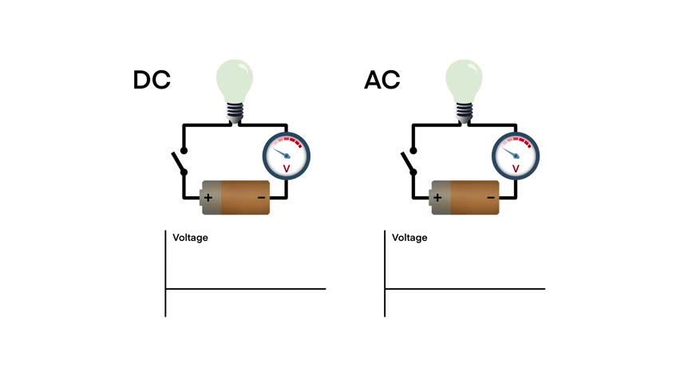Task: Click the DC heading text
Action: coord(152,81)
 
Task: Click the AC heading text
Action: coord(382,81)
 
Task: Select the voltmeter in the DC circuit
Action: coord(286,155)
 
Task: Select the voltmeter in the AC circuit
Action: coord(516,155)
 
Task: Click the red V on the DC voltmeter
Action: coord(287,168)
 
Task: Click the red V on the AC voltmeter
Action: coord(516,168)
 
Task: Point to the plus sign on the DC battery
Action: coord(208,197)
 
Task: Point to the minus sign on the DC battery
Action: coord(261,197)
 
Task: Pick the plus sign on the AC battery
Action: coord(437,197)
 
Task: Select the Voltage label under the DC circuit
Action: coord(190,238)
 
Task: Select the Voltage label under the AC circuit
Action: coord(409,238)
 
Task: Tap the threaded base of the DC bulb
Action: coord(235,112)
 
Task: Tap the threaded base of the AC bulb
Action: coord(465,112)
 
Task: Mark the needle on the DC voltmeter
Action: coord(281,150)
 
